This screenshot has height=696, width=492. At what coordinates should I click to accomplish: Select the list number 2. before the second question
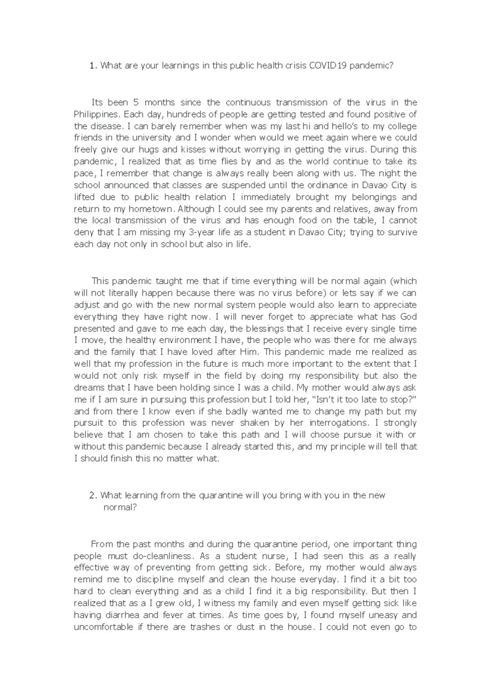[93, 495]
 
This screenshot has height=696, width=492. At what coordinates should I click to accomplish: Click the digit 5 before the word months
[136, 102]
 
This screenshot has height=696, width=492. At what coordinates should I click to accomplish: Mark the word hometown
[153, 209]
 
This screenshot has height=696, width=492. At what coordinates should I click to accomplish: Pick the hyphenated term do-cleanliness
[162, 556]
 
